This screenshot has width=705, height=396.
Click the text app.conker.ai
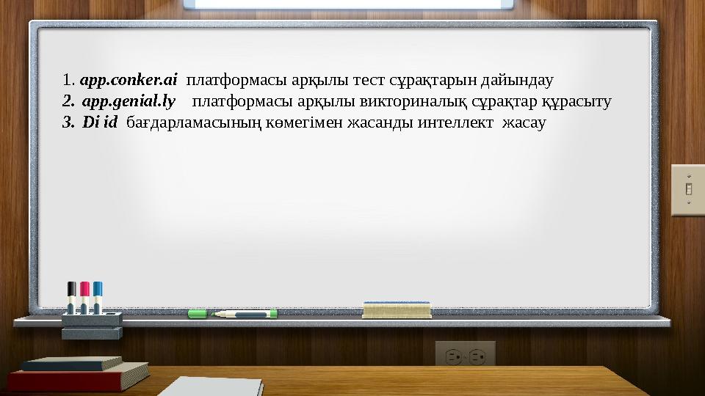[129, 78]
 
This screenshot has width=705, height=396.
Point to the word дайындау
[522, 78]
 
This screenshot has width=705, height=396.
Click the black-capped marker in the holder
[72, 296]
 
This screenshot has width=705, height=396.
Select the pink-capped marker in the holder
[84, 296]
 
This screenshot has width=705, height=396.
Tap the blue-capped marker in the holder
[98, 296]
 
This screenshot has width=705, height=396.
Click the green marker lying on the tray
[232, 314]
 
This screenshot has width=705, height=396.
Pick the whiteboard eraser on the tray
[397, 309]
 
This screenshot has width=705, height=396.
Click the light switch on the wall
[688, 190]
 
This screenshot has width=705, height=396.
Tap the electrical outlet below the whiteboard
[465, 356]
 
